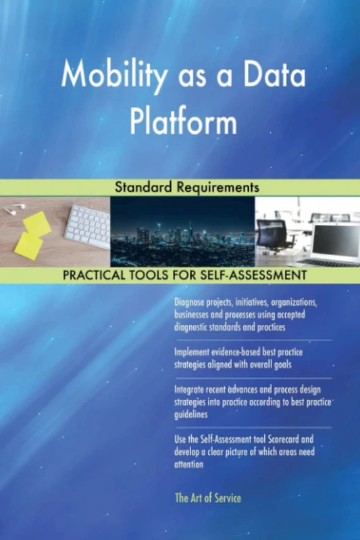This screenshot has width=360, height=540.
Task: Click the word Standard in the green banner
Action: point(144,188)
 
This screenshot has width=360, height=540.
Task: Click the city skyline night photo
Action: point(182,233)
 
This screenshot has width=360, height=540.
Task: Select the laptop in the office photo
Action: point(331,243)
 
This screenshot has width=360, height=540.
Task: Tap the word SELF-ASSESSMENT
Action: point(254,275)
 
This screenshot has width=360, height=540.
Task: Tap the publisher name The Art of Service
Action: point(207,498)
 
